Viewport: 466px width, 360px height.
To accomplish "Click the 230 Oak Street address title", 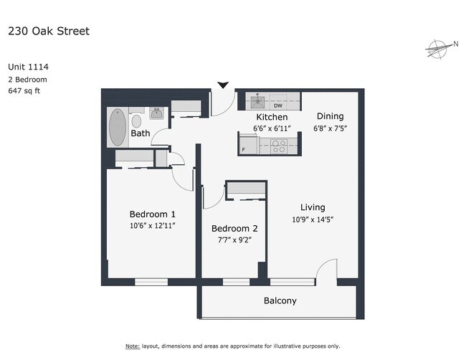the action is (49, 32).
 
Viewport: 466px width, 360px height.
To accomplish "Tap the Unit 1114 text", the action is (28, 67).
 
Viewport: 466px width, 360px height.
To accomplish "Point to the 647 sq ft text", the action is (24, 90).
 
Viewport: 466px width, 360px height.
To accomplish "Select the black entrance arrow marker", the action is (223, 85).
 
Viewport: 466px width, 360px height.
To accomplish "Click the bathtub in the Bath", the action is (118, 127).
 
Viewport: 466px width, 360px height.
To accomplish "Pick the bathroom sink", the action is (156, 113).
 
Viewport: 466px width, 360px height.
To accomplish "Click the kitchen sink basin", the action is (257, 102).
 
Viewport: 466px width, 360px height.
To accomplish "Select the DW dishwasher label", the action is (278, 105).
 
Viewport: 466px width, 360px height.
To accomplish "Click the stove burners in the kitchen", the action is (279, 146).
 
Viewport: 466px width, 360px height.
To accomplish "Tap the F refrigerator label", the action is (244, 150).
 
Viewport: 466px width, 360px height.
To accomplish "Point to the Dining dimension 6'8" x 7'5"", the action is (331, 128).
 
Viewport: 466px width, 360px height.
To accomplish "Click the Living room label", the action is (313, 207).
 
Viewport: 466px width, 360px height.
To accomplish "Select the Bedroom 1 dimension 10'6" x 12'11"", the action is (153, 226).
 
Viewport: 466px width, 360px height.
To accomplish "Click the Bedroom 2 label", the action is (234, 229).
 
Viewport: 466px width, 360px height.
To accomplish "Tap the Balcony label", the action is (280, 301).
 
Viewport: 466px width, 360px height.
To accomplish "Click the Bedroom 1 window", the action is (151, 282).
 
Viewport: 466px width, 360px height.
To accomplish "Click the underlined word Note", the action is (133, 346).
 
